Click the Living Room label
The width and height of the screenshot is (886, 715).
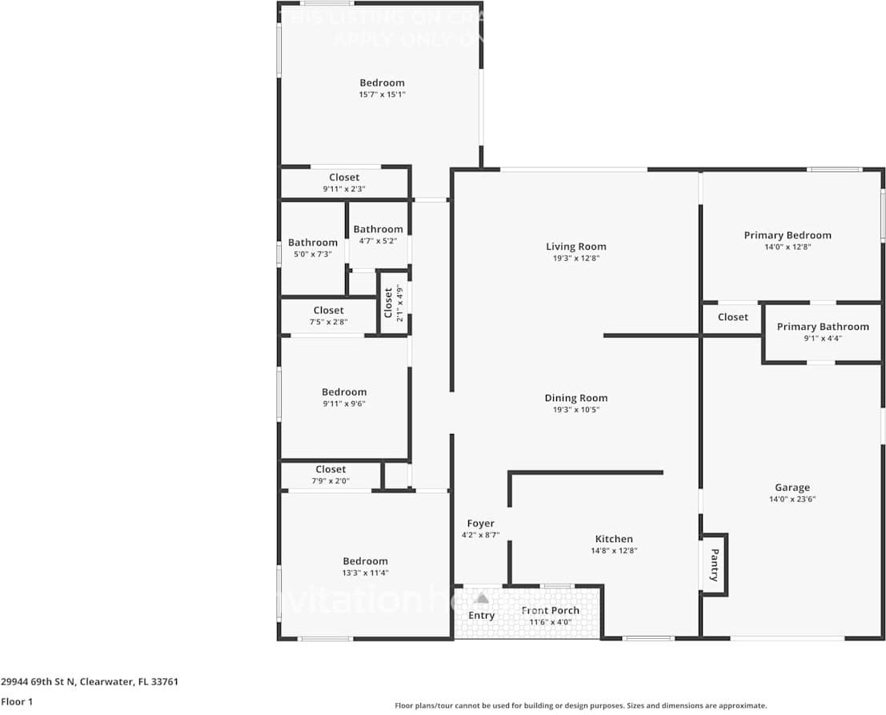pos(575,247)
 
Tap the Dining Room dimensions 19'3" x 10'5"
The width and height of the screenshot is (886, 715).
pos(575,409)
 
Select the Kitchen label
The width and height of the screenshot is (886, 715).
pos(614,539)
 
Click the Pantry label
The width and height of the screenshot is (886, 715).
pos(714,564)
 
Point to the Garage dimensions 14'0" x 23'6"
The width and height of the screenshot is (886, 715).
pos(792,499)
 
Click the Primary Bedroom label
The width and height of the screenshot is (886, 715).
pos(788,235)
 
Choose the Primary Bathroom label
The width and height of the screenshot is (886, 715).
pos(822,327)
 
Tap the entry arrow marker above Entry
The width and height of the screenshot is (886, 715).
pos(482,598)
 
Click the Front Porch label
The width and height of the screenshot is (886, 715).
pos(550,610)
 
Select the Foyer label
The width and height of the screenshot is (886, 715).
pos(480,524)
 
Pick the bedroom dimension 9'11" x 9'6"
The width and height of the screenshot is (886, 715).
pos(344,404)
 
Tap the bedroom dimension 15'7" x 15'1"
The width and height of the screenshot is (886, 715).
pos(382,94)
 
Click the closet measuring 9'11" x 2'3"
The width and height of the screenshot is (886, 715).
pos(344,183)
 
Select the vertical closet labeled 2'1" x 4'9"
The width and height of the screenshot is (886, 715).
pos(393,303)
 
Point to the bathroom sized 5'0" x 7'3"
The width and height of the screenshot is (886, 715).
pos(312,248)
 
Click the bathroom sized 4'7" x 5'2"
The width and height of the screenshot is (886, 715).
pos(378,235)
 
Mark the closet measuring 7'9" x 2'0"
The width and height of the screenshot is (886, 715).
pos(331,475)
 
